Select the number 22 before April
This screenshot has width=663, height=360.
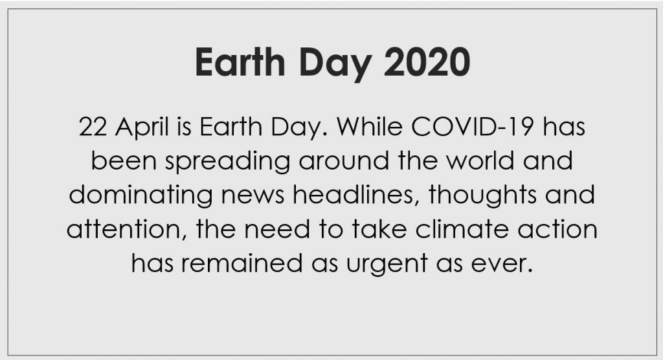(x=93, y=126)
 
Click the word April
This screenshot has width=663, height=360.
(x=142, y=128)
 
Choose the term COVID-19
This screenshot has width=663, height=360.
(x=472, y=126)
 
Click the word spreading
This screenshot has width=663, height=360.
(x=227, y=163)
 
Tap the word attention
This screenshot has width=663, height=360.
(x=126, y=230)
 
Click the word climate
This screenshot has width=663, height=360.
(x=462, y=229)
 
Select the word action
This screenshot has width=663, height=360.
(x=557, y=230)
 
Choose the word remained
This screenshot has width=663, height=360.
(x=242, y=263)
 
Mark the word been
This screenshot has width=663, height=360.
(x=124, y=161)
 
